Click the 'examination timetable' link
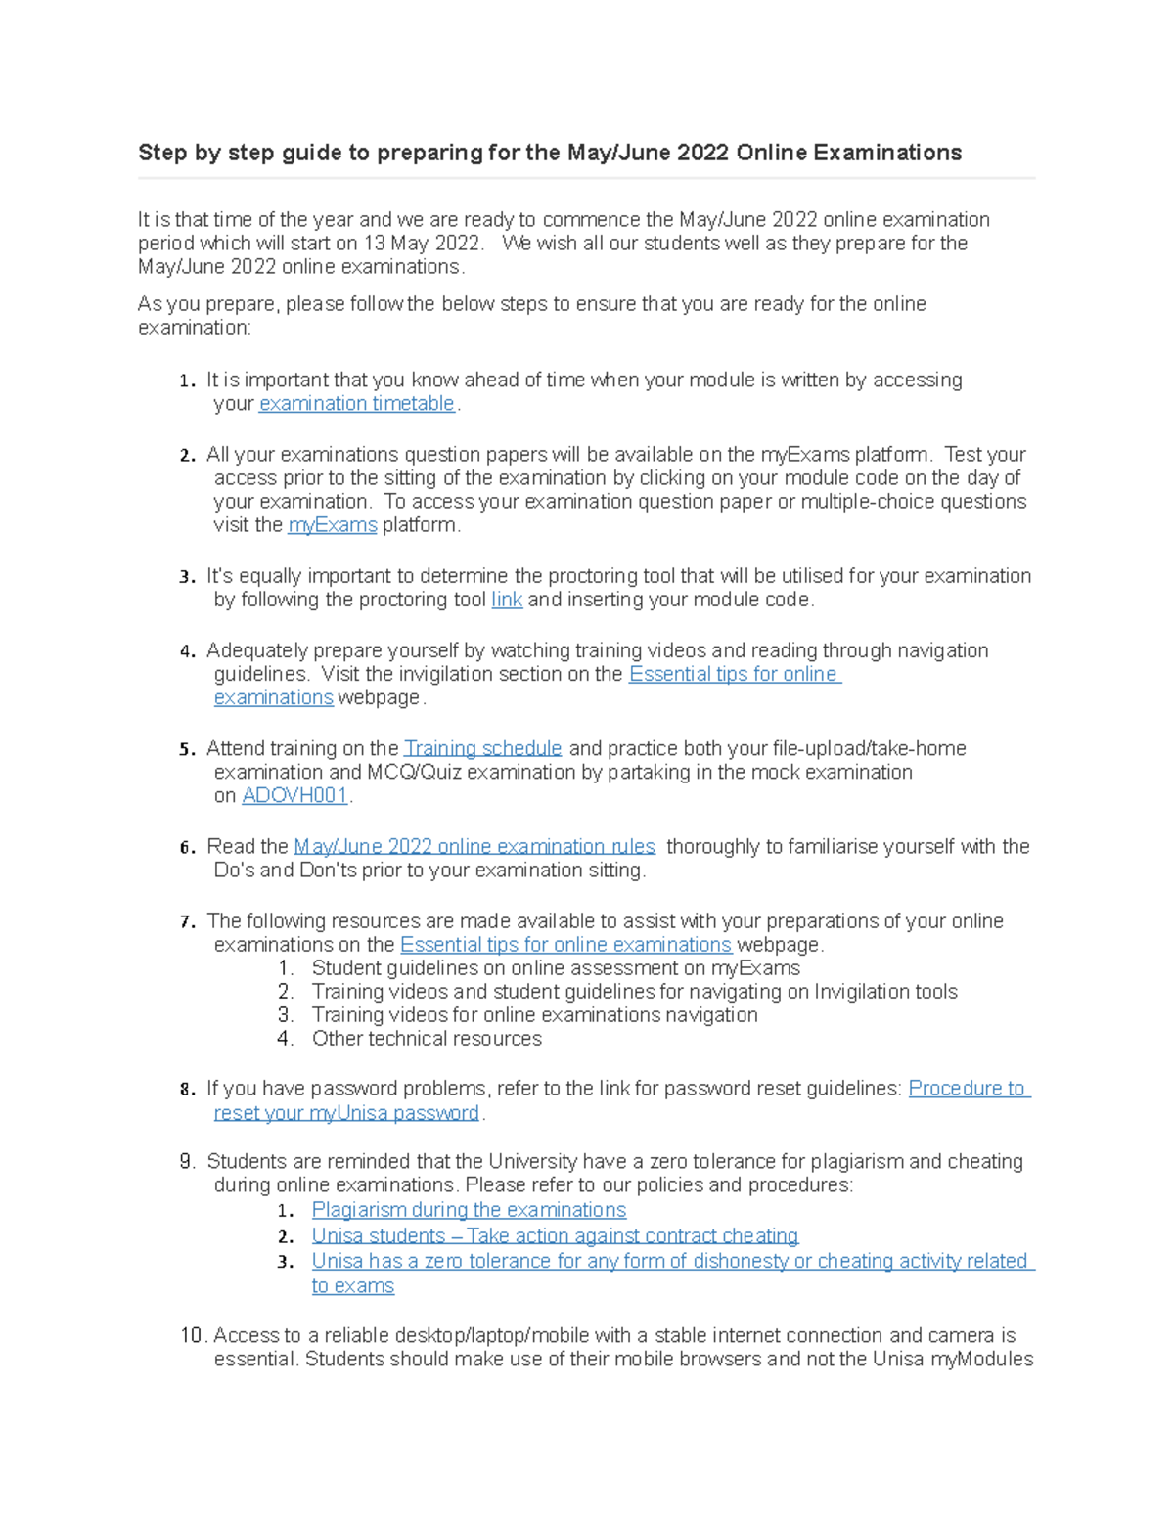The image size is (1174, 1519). coord(357,404)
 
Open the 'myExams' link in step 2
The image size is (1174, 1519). coord(333,525)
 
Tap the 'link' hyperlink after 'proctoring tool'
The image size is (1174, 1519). coord(507,600)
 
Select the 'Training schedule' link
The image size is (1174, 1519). coord(483,748)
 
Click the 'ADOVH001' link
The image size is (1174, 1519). coord(295,796)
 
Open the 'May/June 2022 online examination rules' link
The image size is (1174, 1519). coord(474,847)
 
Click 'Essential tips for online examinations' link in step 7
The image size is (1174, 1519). coord(565,945)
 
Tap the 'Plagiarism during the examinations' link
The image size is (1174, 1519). coord(469,1210)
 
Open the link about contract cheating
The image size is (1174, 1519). coord(555,1236)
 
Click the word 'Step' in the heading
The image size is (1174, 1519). coord(162,153)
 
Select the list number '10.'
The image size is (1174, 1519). coord(193,1335)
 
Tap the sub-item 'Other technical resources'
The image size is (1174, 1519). coord(427,1039)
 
